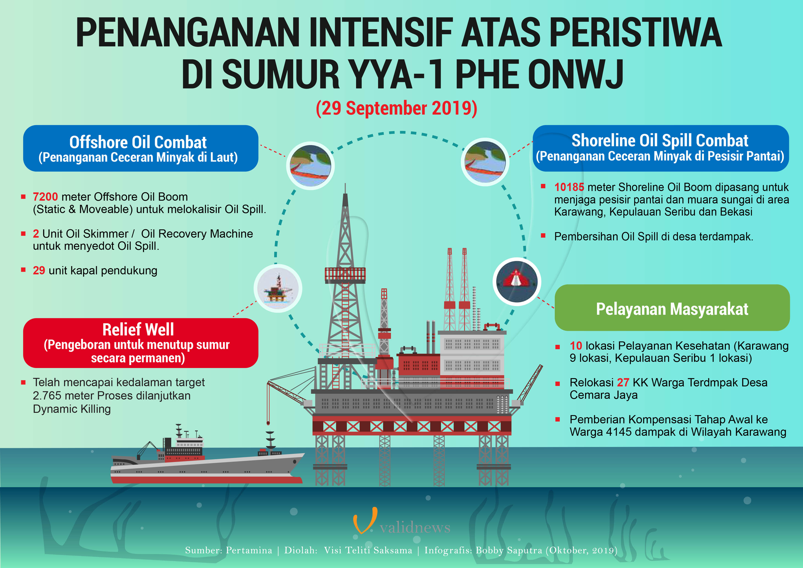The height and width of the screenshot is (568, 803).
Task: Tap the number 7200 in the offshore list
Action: pos(45,197)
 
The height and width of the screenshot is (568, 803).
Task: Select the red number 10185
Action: pos(569,187)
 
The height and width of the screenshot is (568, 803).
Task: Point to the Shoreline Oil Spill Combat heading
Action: pos(660,140)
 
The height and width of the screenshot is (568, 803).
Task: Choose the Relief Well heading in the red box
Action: pos(138,329)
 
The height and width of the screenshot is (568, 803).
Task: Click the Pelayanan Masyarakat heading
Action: pos(672,309)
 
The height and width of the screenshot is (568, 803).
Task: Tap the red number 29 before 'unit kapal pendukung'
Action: pos(39,270)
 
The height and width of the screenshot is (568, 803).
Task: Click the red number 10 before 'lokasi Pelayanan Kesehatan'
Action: pos(576,346)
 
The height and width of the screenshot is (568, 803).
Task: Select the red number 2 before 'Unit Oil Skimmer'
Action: pos(36,234)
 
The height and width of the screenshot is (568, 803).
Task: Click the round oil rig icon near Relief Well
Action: pos(278,288)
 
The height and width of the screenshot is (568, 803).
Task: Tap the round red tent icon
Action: pos(517,281)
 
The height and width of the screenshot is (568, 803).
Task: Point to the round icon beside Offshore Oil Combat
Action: pos(310,166)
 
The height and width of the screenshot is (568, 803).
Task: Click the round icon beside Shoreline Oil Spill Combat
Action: pos(485,162)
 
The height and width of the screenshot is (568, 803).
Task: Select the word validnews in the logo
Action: pos(415,527)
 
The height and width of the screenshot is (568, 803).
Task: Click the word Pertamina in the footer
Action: pos(249,551)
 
